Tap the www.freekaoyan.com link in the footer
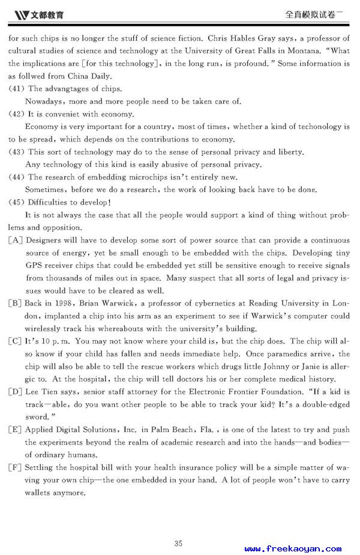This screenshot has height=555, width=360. tap(293, 548)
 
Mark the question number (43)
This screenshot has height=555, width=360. tap(16, 152)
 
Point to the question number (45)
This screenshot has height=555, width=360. tap(16, 203)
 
